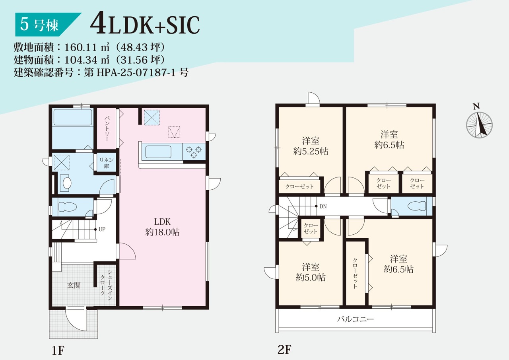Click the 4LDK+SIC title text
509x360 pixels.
click(x=145, y=25)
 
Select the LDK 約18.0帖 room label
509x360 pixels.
click(x=162, y=227)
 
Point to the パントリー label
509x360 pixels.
click(x=107, y=129)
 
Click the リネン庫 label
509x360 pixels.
click(x=106, y=163)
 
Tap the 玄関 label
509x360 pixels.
click(x=74, y=285)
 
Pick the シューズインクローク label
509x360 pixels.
click(x=106, y=285)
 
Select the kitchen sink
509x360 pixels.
click(x=158, y=152)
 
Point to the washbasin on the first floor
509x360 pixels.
click(x=66, y=183)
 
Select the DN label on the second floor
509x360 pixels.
click(x=323, y=206)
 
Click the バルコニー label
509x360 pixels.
click(x=356, y=319)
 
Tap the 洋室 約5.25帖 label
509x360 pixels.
click(x=311, y=146)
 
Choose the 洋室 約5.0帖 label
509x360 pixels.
click(x=311, y=272)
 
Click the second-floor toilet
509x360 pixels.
click(x=417, y=206)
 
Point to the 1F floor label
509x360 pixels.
click(x=58, y=350)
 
